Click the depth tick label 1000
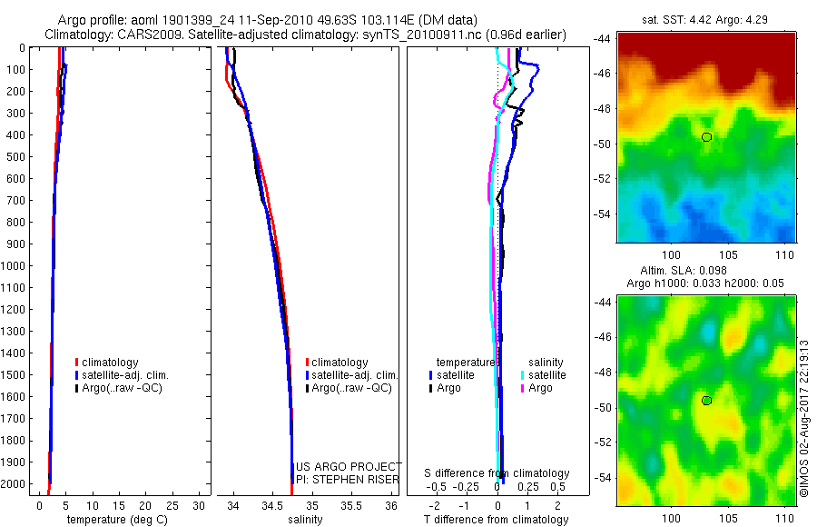tap(15, 266)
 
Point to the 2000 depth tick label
tap(15, 484)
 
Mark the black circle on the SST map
tap(706, 137)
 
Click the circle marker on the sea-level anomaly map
tap(706, 401)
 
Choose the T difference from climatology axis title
tap(496, 520)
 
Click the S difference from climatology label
tap(497, 473)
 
